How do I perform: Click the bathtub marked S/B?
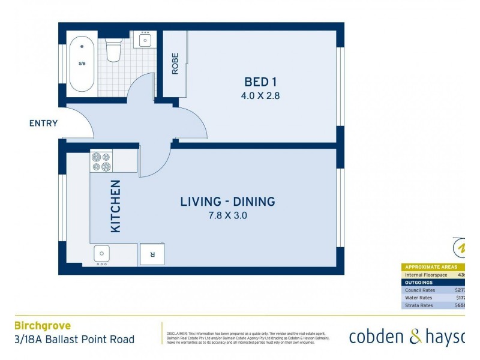tap(82, 64)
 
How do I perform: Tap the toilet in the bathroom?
tap(113, 49)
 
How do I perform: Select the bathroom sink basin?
tap(145, 40)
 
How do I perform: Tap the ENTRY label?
tap(43, 124)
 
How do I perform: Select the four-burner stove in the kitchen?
tap(101, 161)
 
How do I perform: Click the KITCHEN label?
tap(116, 206)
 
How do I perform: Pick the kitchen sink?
tap(101, 254)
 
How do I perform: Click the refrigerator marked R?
tap(152, 254)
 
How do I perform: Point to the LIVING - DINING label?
tap(227, 202)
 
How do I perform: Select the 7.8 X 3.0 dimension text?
tap(227, 215)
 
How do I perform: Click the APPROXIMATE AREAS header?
tap(431, 267)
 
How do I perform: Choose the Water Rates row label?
tap(418, 298)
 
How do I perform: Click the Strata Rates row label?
tap(419, 305)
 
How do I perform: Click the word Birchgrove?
tap(42, 326)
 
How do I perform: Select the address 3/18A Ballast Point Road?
tap(74, 340)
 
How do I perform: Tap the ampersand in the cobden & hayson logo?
tap(416, 337)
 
